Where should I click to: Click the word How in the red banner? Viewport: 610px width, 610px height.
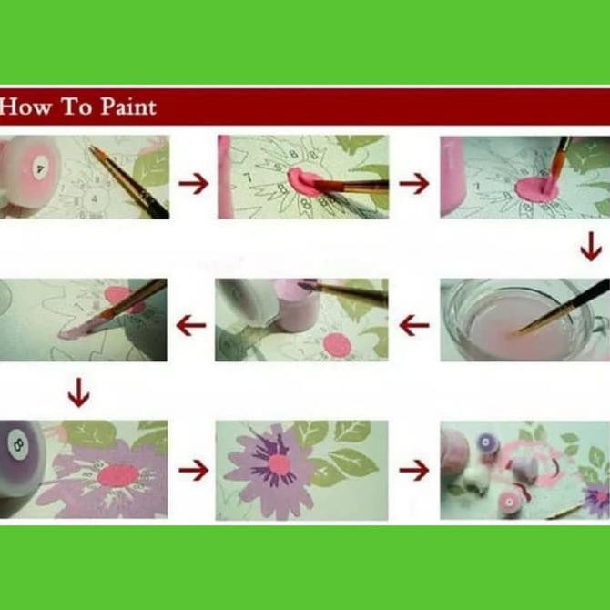coord(26,107)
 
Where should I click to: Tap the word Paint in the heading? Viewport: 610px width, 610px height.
coord(128,107)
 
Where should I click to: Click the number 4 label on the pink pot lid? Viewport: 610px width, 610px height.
coord(40,168)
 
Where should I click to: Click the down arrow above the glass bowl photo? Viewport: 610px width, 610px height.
coord(591,247)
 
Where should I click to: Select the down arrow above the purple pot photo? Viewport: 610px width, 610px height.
coord(79,392)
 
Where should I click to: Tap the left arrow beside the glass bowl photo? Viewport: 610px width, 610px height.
coord(414,325)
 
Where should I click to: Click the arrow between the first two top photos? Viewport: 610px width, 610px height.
coord(193,183)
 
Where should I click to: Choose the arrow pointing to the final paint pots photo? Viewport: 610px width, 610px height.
coord(414,470)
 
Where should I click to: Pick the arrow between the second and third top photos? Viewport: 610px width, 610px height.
coord(414,183)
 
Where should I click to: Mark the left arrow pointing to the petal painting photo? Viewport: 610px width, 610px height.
coord(191,325)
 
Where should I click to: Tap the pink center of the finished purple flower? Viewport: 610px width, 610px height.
coord(279,464)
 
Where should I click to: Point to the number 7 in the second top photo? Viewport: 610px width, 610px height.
coord(249,178)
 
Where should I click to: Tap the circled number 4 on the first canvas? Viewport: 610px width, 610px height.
coord(94,198)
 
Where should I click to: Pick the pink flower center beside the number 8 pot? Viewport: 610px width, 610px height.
coord(118,476)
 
